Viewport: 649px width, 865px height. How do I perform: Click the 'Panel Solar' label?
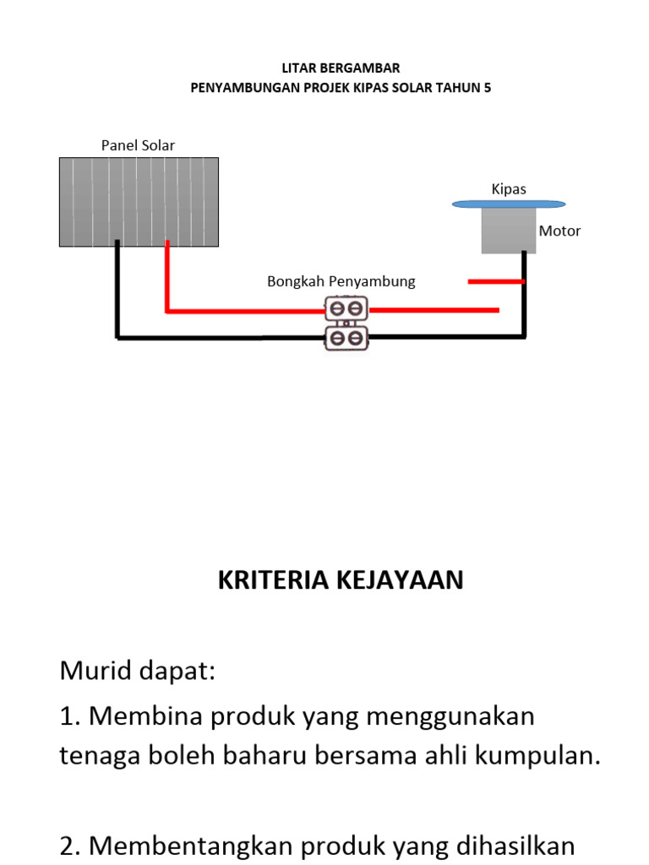[x=138, y=145]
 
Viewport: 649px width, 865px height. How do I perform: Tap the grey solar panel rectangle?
[x=139, y=202]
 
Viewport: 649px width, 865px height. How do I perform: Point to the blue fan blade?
[x=509, y=204]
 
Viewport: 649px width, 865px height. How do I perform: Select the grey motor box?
[x=509, y=231]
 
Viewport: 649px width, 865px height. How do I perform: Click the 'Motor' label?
[x=559, y=231]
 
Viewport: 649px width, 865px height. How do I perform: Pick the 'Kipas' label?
[x=509, y=188]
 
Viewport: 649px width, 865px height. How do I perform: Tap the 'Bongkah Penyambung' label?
[x=341, y=281]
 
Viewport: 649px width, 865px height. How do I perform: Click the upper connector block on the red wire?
[x=346, y=308]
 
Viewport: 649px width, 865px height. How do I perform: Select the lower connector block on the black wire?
[x=346, y=338]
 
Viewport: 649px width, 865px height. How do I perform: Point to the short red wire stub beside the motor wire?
[x=496, y=281]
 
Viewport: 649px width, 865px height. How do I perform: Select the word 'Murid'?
[x=94, y=672]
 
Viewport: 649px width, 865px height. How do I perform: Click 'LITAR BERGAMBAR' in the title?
[x=341, y=68]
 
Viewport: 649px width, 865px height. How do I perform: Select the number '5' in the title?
[x=487, y=87]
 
